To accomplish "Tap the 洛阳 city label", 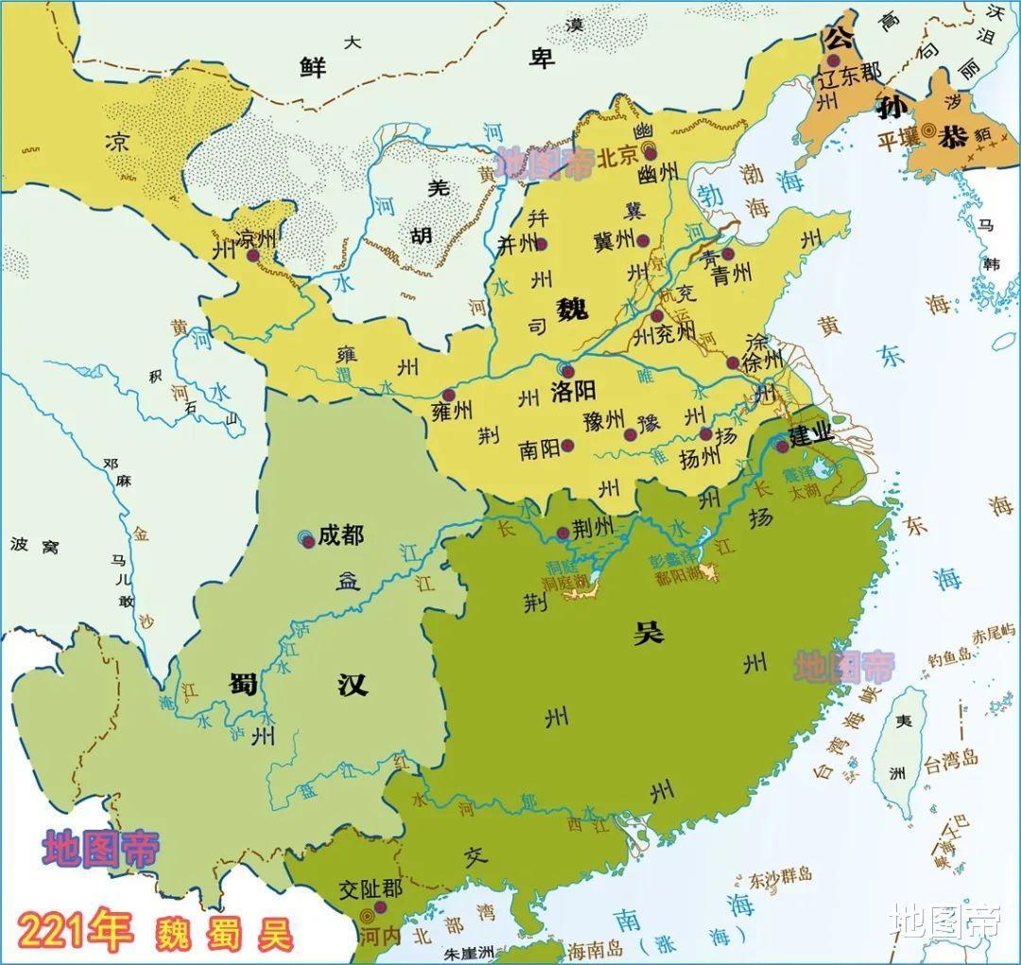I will [x=573, y=391].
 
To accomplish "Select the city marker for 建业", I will [x=781, y=446].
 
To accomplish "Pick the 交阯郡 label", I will [x=371, y=890].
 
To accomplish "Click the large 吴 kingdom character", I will [x=649, y=633].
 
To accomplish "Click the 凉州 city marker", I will [x=252, y=255].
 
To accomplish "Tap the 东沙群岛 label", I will [x=780, y=876].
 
